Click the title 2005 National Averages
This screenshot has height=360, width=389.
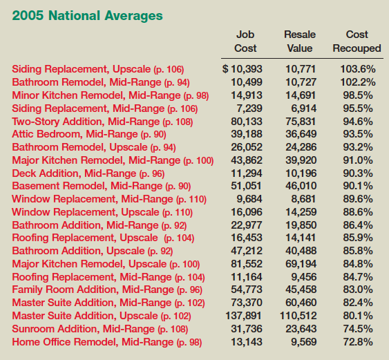tap(87, 16)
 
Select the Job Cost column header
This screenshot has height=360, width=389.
tap(245, 41)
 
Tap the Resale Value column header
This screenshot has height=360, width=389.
tap(300, 41)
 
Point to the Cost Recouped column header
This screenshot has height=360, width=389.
tap(357, 41)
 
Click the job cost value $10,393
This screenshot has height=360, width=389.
tap(242, 69)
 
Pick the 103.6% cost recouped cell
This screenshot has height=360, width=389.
tap(358, 69)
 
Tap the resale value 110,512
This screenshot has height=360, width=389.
tap(298, 316)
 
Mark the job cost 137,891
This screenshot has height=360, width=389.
tap(243, 316)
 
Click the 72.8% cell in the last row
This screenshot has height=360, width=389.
tap(358, 342)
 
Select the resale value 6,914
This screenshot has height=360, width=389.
tap(303, 108)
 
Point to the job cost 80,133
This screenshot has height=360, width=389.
tap(247, 122)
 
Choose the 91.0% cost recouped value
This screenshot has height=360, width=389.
tap(358, 160)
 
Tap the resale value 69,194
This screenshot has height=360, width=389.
tap(301, 264)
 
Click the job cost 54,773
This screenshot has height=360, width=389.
tap(247, 290)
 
